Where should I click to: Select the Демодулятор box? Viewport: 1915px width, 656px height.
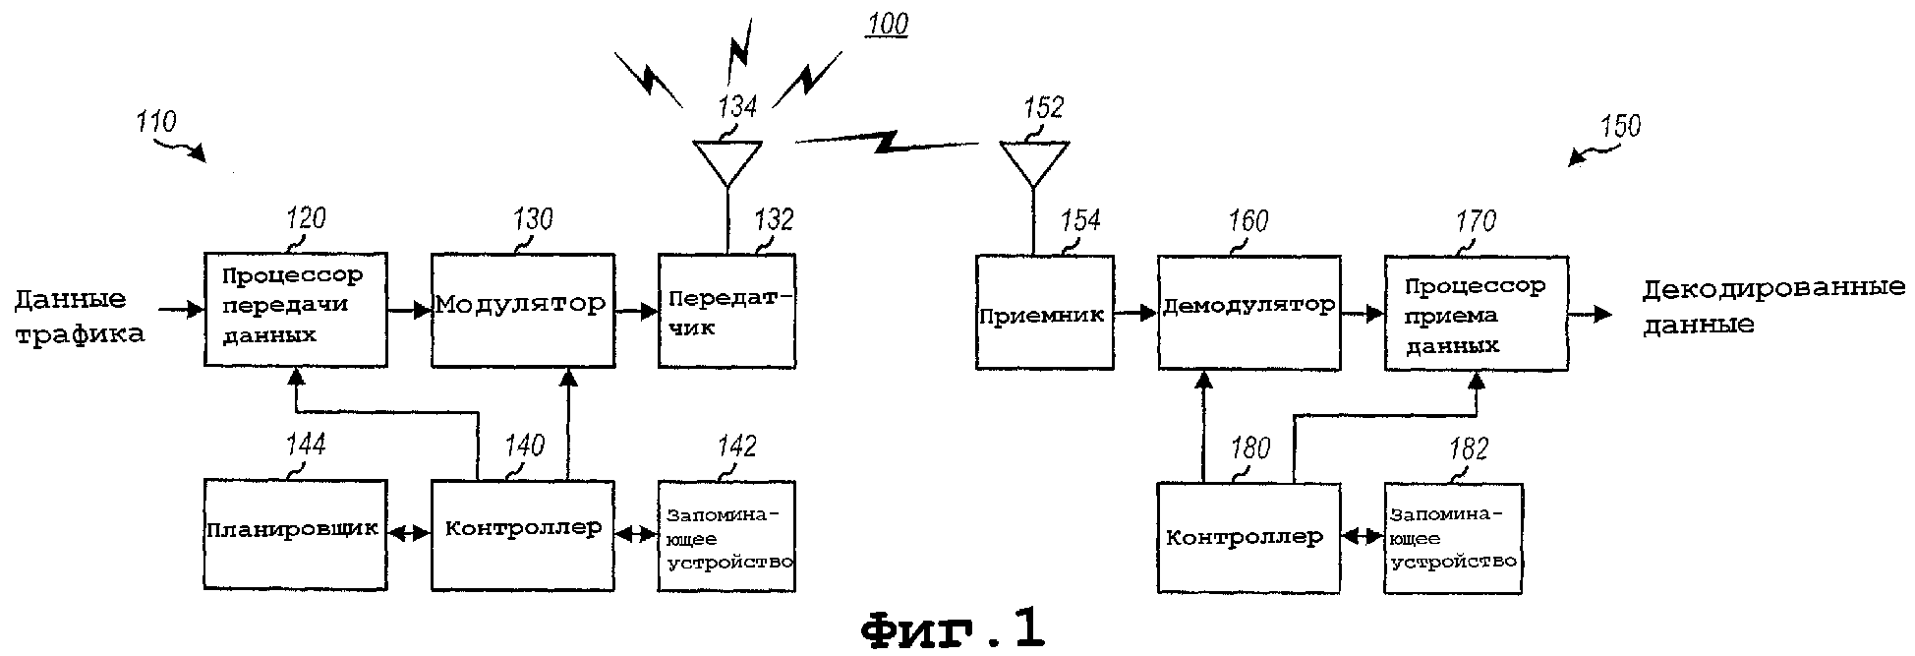pos(1248,313)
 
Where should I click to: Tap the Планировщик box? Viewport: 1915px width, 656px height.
pos(295,534)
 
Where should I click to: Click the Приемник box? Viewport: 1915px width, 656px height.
pos(1044,313)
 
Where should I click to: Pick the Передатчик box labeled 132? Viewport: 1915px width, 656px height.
pos(726,311)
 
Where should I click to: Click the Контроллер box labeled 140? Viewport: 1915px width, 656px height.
pos(523,534)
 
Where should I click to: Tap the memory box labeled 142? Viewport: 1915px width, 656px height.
pos(726,536)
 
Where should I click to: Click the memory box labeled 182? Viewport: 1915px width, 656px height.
pos(1453,538)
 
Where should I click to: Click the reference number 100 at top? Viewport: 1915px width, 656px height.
pos(887,24)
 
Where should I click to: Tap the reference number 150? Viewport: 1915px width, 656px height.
pos(1619,126)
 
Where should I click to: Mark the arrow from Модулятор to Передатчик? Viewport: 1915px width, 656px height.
pos(637,311)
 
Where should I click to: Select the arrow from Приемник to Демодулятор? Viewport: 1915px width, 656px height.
pos(1135,313)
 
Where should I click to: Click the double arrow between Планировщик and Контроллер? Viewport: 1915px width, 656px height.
pos(409,534)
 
